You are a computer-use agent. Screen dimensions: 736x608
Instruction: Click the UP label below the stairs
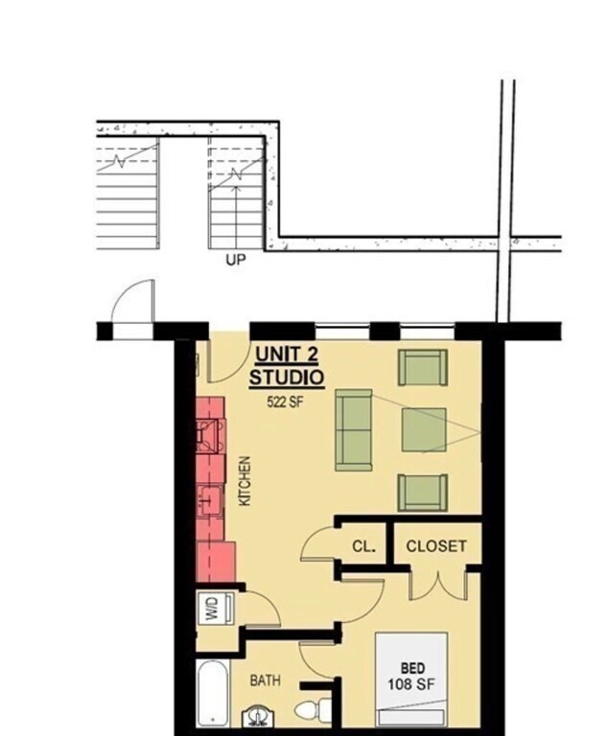(x=235, y=260)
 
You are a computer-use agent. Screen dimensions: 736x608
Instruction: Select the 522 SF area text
(x=285, y=402)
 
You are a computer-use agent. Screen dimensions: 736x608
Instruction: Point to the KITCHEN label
(x=245, y=481)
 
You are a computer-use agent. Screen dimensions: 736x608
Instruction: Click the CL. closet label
(x=362, y=547)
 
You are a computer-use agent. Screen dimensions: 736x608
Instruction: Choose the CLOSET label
(x=436, y=546)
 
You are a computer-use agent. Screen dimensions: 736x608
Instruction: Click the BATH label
(x=266, y=680)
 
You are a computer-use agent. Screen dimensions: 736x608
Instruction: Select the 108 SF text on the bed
(x=410, y=685)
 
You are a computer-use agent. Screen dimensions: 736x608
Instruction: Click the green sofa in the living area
(x=354, y=429)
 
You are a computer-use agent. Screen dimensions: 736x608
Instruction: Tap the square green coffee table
(x=425, y=429)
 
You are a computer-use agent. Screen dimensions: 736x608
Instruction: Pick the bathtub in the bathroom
(x=211, y=692)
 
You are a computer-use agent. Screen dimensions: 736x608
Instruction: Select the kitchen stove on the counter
(x=209, y=438)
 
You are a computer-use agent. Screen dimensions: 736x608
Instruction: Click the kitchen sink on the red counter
(x=210, y=499)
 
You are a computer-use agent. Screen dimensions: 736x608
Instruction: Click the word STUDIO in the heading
(x=287, y=378)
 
